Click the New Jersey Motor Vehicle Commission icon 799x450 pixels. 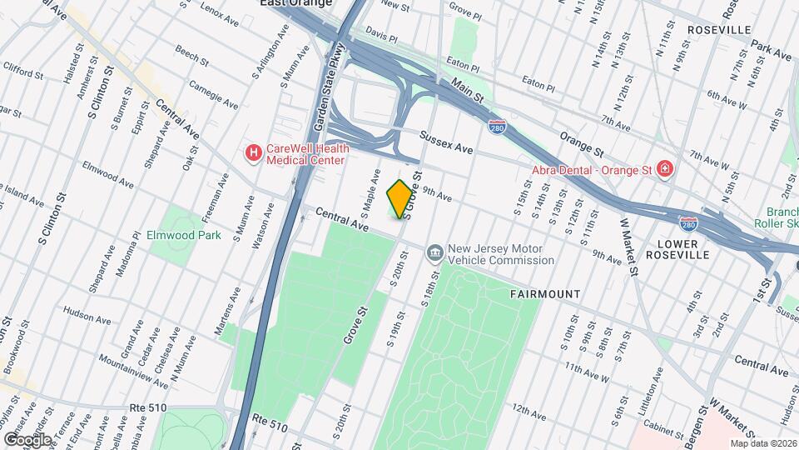(434, 252)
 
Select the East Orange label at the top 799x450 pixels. (296, 3)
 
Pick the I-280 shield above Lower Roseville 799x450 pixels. (688, 225)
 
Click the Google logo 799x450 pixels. (27, 439)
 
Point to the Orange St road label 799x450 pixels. (580, 139)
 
